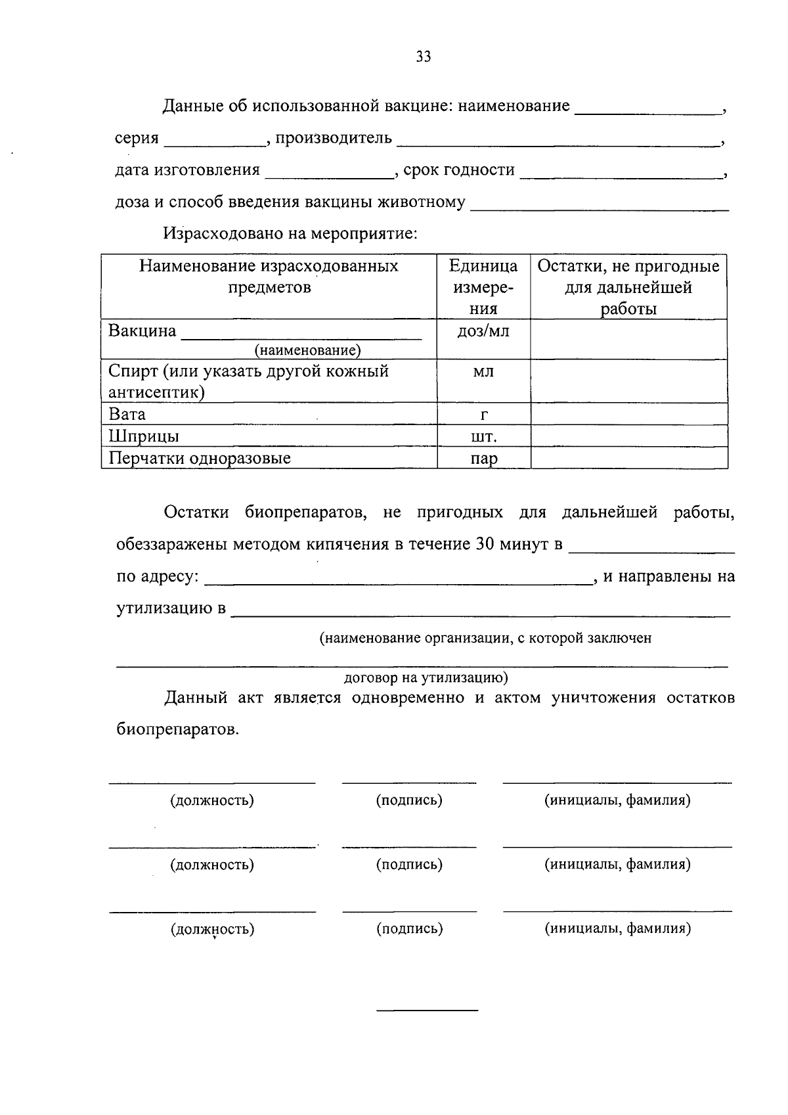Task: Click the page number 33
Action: click(424, 57)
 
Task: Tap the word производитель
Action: click(334, 138)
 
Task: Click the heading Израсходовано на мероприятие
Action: click(291, 234)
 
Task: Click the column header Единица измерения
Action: click(483, 287)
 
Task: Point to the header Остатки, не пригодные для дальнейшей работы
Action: click(628, 287)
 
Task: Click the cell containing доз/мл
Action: click(483, 331)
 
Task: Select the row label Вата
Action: click(127, 415)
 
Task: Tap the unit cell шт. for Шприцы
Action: click(483, 437)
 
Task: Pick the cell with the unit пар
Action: click(483, 459)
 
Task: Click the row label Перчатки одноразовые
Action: click(200, 458)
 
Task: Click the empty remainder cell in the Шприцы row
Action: click(628, 436)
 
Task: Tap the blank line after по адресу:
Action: click(397, 580)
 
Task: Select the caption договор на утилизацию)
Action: click(426, 677)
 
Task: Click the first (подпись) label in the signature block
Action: click(409, 800)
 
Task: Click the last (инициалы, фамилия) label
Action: click(617, 928)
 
